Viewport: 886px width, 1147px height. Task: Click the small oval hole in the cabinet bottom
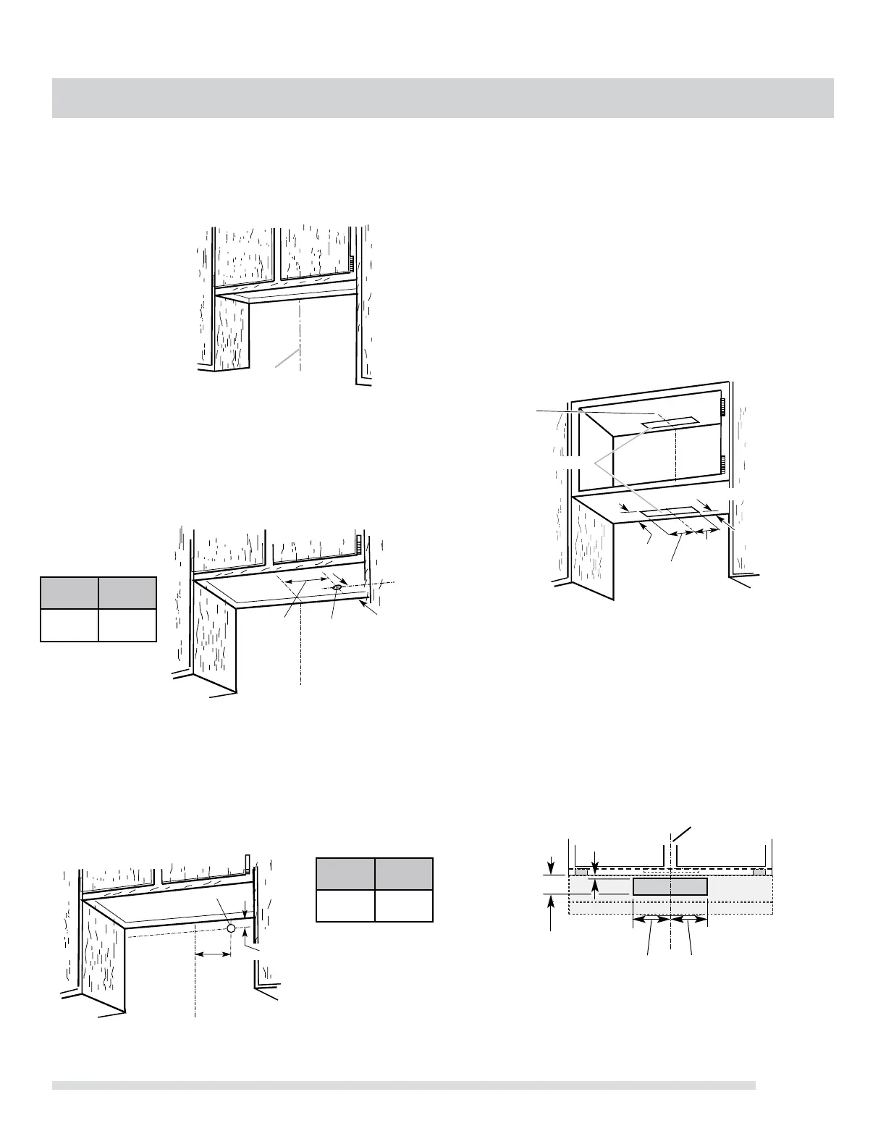337,587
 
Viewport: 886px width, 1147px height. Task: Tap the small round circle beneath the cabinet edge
230,928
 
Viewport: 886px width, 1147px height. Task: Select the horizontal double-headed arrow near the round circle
213,955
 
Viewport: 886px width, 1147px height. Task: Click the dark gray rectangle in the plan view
670,886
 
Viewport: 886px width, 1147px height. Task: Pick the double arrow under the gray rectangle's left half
651,919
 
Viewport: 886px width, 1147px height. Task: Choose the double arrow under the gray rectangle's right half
689,919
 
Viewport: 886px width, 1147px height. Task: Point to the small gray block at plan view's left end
581,872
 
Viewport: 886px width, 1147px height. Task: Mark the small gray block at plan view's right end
759,872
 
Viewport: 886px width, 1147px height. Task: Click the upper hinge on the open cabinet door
722,410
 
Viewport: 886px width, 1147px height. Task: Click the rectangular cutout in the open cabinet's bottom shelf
670,513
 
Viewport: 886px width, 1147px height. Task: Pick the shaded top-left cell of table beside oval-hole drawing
69,593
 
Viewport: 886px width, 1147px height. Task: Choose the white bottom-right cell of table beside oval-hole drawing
127,625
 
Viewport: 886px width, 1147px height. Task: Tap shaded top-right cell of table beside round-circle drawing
404,874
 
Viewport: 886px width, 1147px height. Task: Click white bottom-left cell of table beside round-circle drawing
346,905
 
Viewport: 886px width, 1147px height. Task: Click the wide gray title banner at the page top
442,98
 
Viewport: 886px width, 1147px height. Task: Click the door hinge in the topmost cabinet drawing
350,260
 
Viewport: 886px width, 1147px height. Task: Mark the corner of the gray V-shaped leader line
595,461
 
